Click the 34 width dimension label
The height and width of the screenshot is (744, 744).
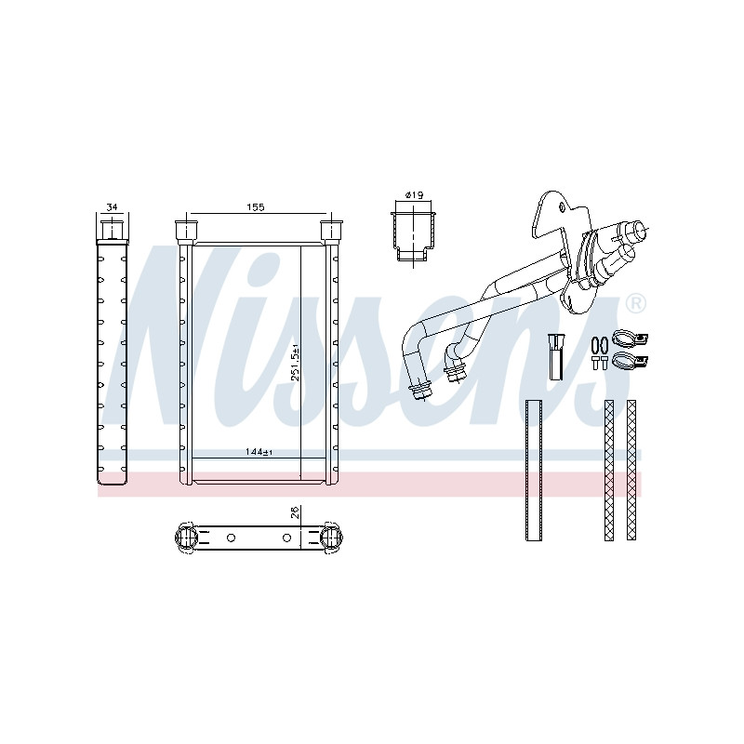coord(112,206)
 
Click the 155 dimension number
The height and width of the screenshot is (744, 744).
coord(255,206)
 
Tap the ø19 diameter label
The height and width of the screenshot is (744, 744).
coord(414,194)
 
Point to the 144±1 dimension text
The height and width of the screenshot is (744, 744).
coord(259,452)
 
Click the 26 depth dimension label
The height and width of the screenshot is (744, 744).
coord(295,512)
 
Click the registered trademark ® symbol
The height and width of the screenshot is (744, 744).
coord(636,304)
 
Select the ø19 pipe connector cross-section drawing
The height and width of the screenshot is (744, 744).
coord(413,236)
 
